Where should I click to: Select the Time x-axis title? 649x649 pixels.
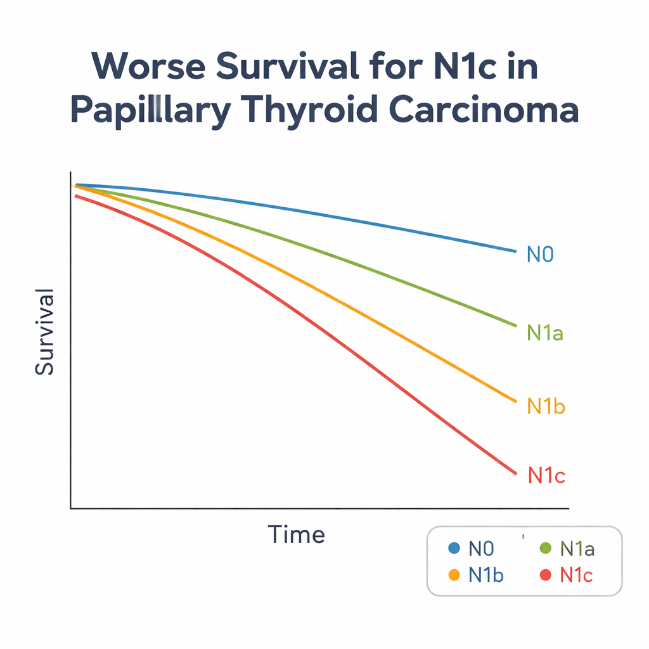296,535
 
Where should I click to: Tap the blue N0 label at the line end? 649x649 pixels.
541,255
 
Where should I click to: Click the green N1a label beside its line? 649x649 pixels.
545,333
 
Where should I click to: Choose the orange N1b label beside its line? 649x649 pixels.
546,406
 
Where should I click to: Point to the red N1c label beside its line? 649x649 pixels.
546,476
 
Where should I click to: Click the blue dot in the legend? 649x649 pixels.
453,548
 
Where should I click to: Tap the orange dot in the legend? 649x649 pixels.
453,575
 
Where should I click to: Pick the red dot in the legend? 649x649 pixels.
544,575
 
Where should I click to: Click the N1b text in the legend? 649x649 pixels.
486,575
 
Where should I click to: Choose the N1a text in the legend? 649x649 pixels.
578,549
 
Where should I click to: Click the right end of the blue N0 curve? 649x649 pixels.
516,251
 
